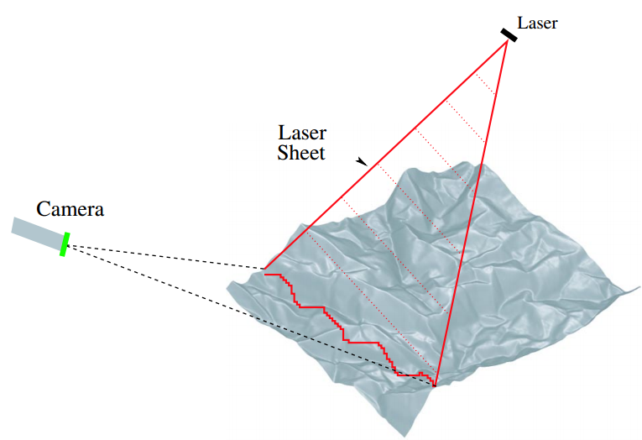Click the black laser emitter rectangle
pyautogui.click(x=509, y=34)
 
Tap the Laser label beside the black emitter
pyautogui.click(x=537, y=23)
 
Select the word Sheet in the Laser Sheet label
pyautogui.click(x=300, y=154)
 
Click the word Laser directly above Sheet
pyautogui.click(x=302, y=134)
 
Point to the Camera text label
pyautogui.click(x=70, y=209)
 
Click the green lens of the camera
pyautogui.click(x=65, y=244)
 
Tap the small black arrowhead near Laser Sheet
pyautogui.click(x=362, y=161)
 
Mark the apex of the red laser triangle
pyautogui.click(x=507, y=41)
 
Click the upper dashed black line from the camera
pyautogui.click(x=168, y=258)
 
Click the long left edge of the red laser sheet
pyautogui.click(x=386, y=155)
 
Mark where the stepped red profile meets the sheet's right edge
pyautogui.click(x=436, y=385)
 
